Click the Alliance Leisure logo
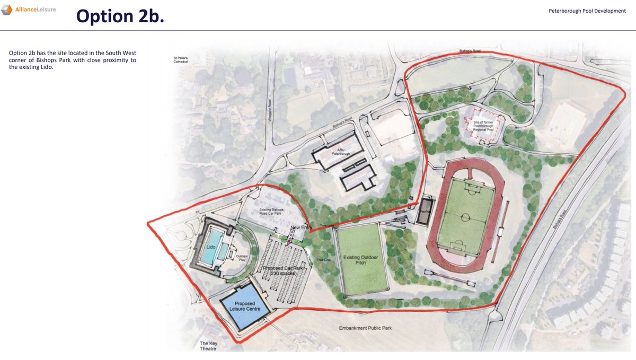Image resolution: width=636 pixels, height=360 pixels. (29, 10)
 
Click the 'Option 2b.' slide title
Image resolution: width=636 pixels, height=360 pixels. (120, 16)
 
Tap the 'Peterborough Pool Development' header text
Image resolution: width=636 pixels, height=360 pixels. (587, 11)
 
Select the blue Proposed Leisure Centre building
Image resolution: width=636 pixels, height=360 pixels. (243, 306)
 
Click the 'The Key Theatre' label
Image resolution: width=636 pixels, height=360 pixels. (208, 346)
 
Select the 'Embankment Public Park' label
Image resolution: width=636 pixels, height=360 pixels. (365, 328)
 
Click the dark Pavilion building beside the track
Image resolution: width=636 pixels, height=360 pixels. (424, 212)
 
